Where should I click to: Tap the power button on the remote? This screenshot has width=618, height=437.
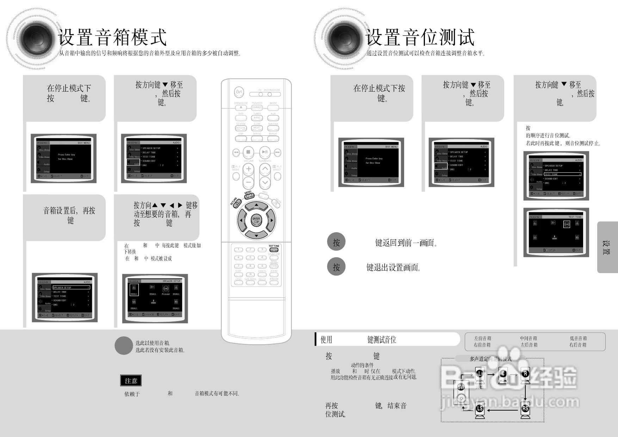[239, 92]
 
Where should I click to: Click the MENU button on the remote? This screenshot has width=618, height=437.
[248, 196]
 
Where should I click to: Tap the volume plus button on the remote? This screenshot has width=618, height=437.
[248, 169]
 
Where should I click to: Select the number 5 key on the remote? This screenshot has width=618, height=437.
[250, 258]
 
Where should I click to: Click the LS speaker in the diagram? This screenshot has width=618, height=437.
[480, 409]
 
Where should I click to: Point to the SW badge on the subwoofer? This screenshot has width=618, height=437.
[461, 387]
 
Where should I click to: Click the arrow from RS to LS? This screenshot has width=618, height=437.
[502, 410]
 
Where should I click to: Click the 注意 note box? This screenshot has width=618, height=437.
[131, 381]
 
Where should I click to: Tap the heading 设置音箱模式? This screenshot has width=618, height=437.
[112, 37]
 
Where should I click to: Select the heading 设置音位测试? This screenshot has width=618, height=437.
[420, 37]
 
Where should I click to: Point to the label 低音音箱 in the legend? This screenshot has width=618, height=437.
[578, 338]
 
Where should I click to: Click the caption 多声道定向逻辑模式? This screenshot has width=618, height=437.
[490, 359]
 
